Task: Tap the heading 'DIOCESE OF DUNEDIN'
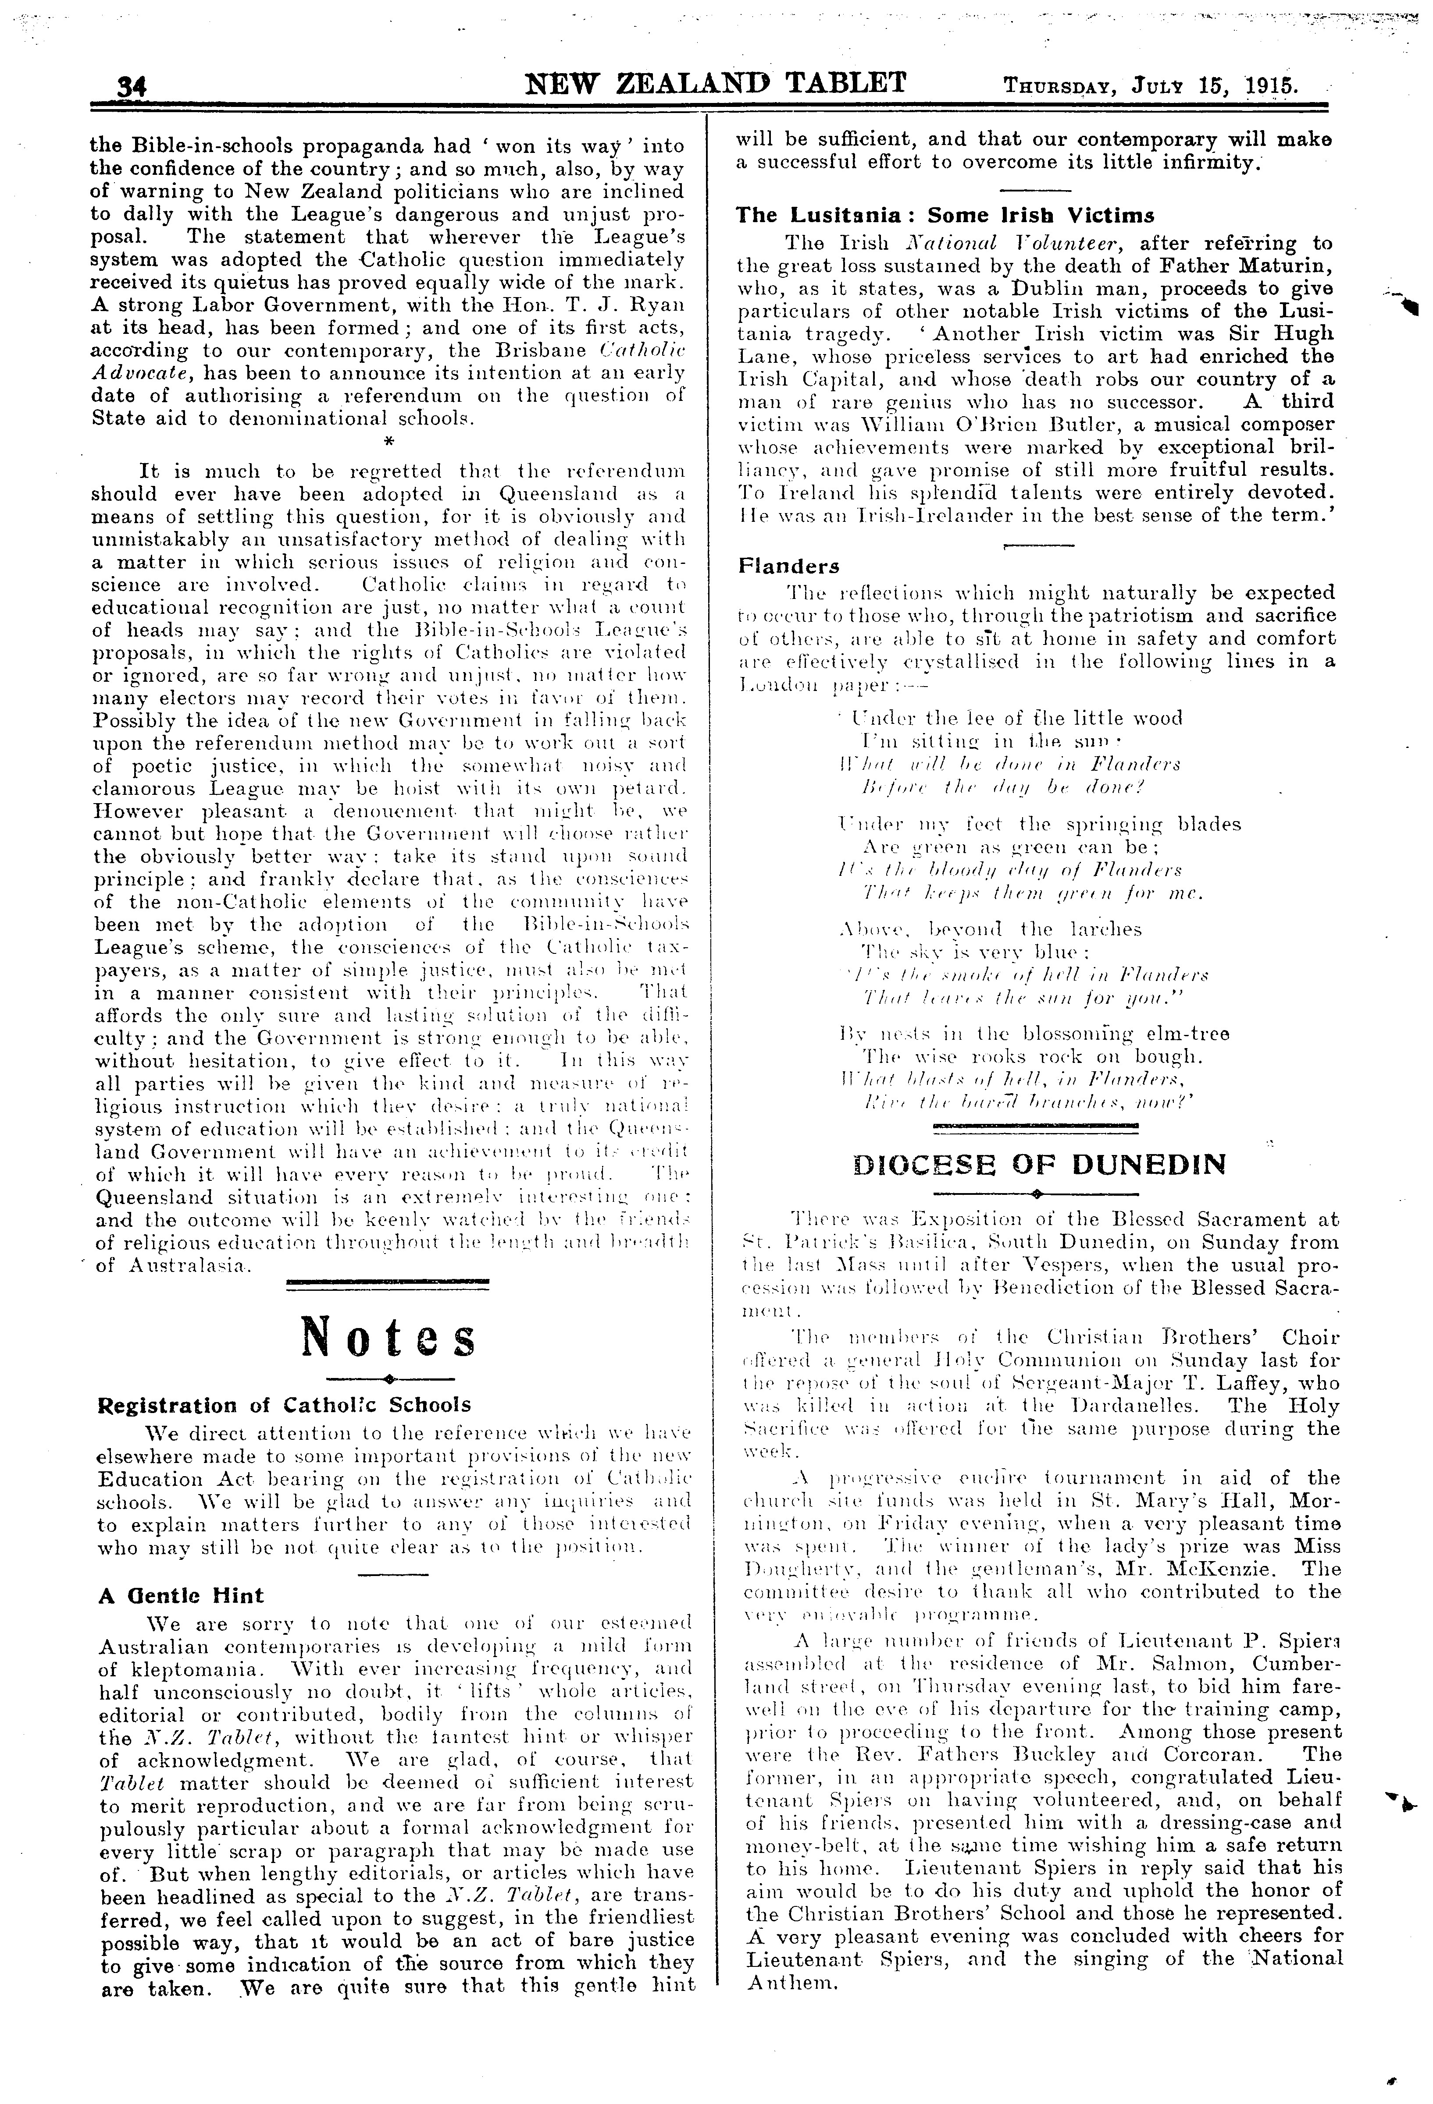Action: coord(1040,1163)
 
